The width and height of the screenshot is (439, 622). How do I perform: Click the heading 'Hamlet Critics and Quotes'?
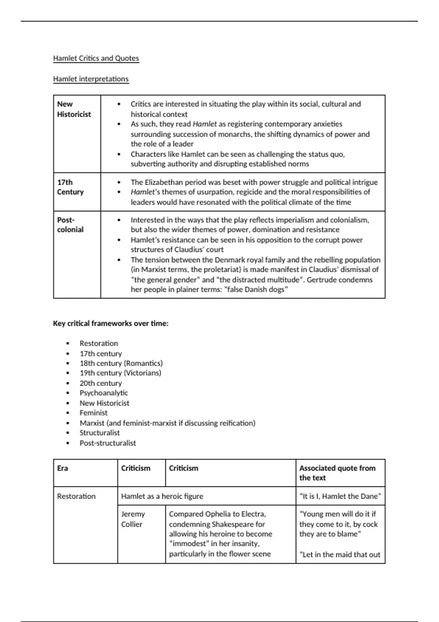[x=96, y=58]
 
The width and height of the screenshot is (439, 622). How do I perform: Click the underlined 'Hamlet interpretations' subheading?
[x=91, y=79]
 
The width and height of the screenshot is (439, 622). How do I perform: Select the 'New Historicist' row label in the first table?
[x=74, y=109]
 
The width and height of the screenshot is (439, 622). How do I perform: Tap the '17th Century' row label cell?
[x=70, y=187]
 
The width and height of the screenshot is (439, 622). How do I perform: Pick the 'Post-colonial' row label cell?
[x=70, y=225]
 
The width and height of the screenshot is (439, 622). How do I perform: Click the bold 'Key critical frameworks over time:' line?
[x=110, y=323]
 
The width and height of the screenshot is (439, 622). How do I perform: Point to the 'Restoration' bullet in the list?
[x=99, y=344]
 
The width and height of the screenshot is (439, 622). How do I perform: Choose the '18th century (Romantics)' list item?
[x=121, y=363]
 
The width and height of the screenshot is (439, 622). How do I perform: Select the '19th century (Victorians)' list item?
[x=120, y=373]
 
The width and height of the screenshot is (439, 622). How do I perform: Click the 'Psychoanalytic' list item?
[x=104, y=393]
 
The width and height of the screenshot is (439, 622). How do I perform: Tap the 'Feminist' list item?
[x=94, y=413]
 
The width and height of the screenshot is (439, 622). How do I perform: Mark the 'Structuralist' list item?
[x=100, y=433]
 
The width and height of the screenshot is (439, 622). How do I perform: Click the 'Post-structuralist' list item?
[x=108, y=443]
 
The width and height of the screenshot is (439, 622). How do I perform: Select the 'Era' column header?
[x=63, y=468]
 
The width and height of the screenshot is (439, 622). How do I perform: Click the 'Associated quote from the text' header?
[x=337, y=473]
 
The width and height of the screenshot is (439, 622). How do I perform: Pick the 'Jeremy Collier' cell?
[x=133, y=519]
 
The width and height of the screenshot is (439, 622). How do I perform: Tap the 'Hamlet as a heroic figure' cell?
[x=162, y=497]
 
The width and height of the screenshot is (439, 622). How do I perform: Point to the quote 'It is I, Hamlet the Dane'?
[x=340, y=497]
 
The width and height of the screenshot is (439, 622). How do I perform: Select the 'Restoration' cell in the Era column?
[x=76, y=497]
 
